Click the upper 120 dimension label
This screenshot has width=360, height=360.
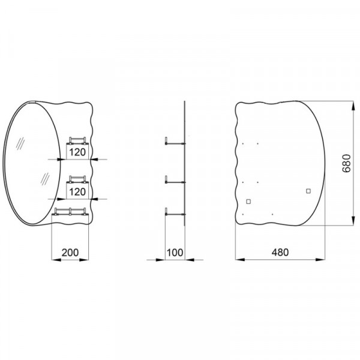(x=77, y=152)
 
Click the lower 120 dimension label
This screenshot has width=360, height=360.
(x=77, y=191)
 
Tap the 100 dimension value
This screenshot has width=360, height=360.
(x=175, y=253)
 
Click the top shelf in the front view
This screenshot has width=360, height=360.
(x=79, y=142)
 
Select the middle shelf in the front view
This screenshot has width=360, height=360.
(x=79, y=179)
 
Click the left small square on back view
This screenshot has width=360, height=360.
(x=248, y=201)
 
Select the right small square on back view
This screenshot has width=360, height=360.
(x=308, y=191)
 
